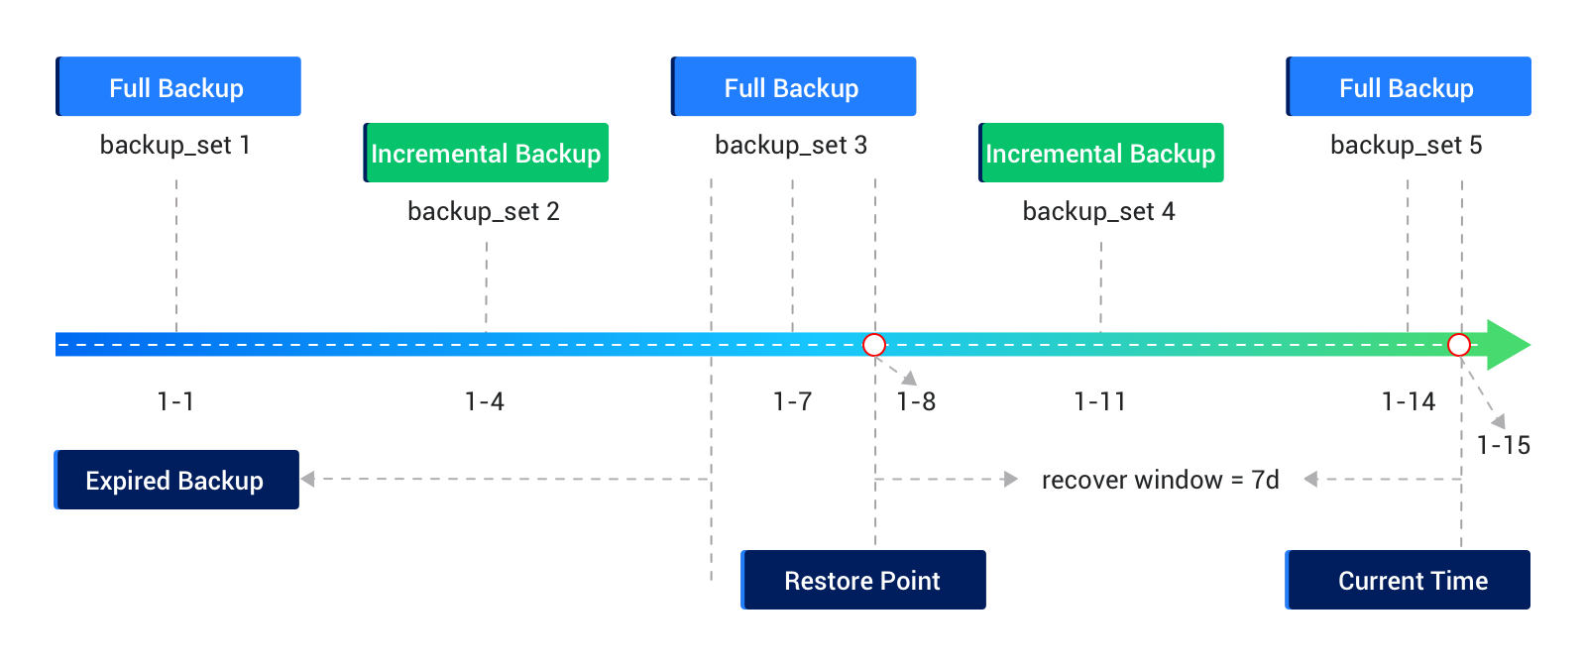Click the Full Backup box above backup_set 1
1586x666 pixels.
pos(178,87)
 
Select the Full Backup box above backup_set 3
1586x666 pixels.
pos(793,87)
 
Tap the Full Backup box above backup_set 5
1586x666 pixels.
pos(1408,87)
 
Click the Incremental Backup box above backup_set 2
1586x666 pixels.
pos(486,153)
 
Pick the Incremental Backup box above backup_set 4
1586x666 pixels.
pos(1100,153)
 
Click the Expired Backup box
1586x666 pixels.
pos(176,480)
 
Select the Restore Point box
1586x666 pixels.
pos(863,580)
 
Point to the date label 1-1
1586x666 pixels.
pos(175,401)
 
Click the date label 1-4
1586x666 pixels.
pos(485,401)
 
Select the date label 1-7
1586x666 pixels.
pos(792,401)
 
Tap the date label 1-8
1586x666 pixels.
pos(916,401)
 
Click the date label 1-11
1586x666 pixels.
pos(1100,401)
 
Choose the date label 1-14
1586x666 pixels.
pos(1409,401)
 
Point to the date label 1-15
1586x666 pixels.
pos(1504,445)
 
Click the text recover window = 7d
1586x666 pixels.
pos(1160,480)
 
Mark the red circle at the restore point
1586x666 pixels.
pos(874,345)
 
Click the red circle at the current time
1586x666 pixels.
pos(1459,345)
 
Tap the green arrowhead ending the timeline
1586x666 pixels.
pos(1508,345)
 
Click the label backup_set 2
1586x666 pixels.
pos(484,211)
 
